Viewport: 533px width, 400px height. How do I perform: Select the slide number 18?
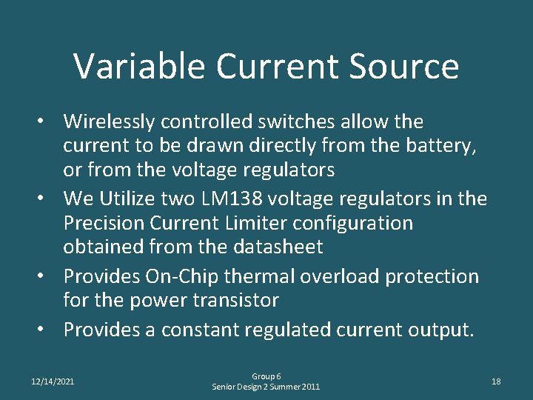[496, 381]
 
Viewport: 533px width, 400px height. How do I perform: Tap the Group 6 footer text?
[266, 376]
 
